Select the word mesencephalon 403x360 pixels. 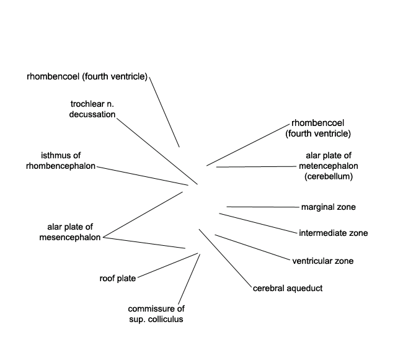click(70, 237)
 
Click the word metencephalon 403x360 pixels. click(329, 166)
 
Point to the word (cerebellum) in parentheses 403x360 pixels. click(329, 176)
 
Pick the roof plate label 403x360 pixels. click(118, 279)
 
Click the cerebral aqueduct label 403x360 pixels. click(288, 289)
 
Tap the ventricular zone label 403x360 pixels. click(323, 261)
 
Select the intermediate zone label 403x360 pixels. click(334, 233)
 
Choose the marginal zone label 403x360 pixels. click(329, 207)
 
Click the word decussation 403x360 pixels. click(92, 114)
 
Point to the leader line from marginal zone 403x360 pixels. click(263, 207)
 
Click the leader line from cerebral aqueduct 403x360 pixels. click(226, 258)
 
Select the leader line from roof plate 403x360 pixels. click(167, 266)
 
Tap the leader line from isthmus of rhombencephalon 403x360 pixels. click(143, 176)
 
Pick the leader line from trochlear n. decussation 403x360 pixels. click(157, 151)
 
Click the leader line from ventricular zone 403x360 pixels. click(252, 248)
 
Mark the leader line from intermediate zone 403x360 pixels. click(258, 223)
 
